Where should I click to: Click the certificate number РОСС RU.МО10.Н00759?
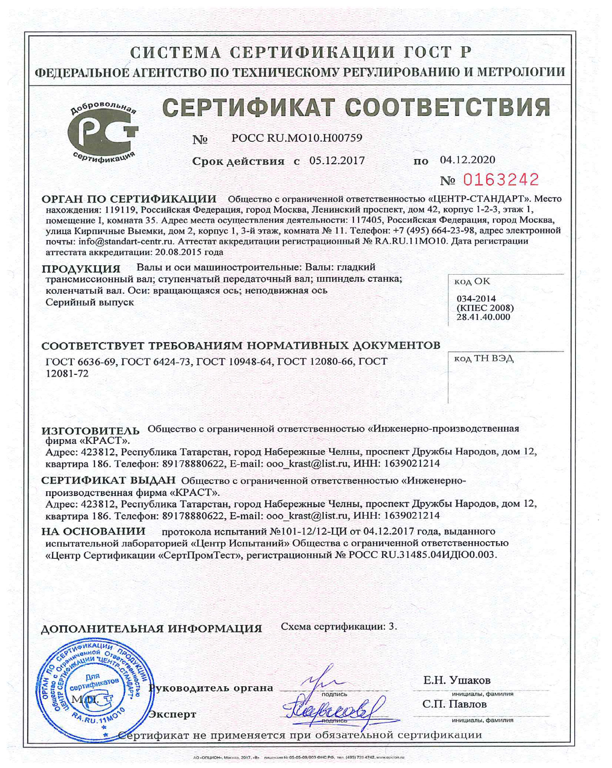(297, 138)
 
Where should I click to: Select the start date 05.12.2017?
(337, 160)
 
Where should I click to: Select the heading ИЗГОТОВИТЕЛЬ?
(91, 431)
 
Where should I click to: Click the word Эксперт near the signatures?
(173, 714)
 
